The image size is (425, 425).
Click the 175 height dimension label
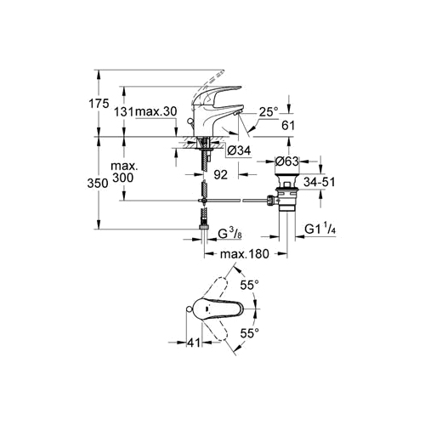99,104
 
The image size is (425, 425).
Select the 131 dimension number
123,112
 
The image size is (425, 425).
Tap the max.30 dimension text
156,111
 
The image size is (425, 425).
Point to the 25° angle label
269,111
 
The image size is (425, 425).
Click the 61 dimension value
288,125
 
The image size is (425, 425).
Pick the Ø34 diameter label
240,150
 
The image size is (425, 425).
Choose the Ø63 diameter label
287,161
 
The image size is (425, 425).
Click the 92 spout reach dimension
220,175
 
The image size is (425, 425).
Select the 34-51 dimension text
320,182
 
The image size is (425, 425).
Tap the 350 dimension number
98,184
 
